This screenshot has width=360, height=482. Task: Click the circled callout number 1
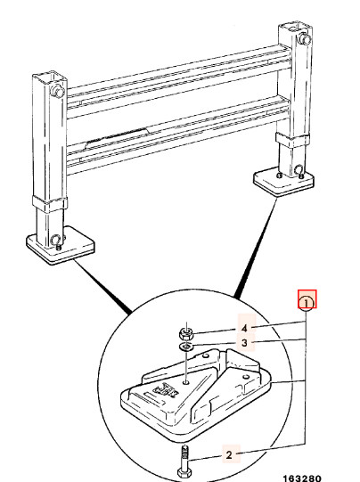(307, 303)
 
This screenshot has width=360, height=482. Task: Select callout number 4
(244, 328)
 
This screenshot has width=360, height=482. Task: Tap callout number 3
(244, 342)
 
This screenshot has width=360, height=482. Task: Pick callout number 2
(229, 454)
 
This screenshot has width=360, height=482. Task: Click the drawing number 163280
(302, 478)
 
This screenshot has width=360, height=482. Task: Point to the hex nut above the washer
(186, 332)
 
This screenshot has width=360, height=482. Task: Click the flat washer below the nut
(186, 347)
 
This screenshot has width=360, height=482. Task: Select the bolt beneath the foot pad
(185, 462)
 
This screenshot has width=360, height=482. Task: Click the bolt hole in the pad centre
(186, 382)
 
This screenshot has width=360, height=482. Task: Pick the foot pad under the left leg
(61, 245)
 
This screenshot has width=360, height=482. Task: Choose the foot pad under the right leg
(283, 182)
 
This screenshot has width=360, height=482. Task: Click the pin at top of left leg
(57, 91)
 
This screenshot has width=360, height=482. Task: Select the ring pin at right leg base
(299, 170)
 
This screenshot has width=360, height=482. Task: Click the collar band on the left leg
(50, 204)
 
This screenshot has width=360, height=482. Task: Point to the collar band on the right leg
(291, 140)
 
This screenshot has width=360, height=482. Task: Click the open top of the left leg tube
(50, 76)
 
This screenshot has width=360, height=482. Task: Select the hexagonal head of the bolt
(185, 472)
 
